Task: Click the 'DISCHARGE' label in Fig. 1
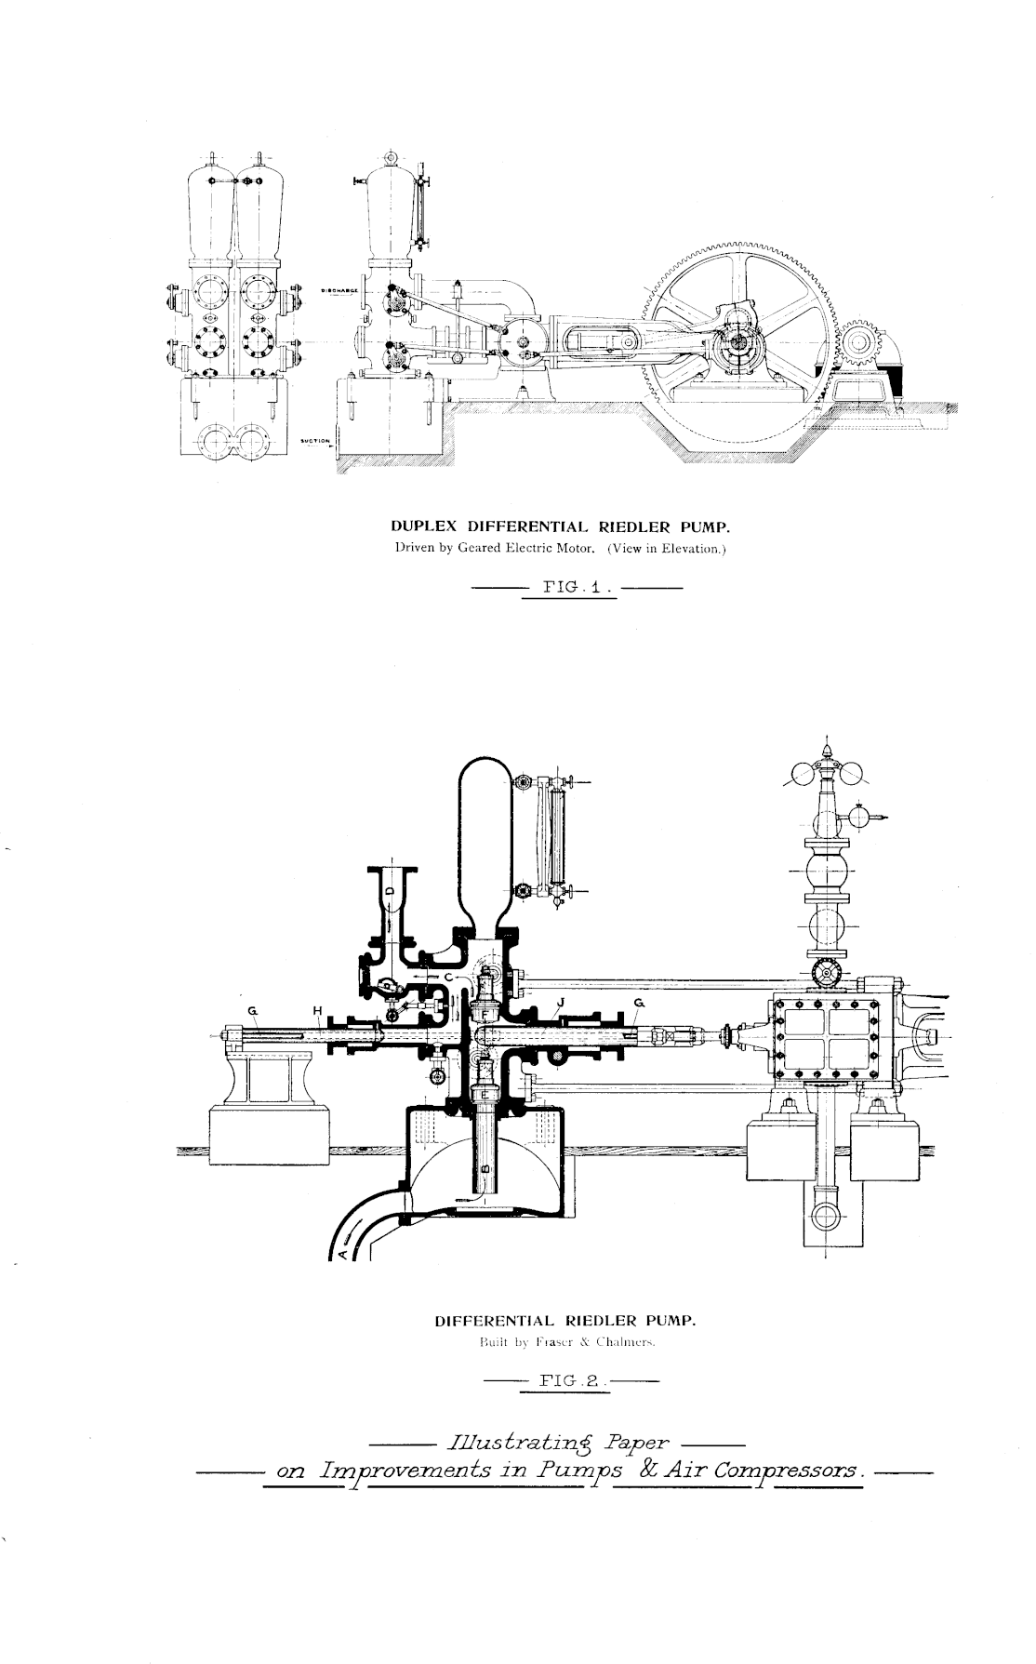tap(334, 290)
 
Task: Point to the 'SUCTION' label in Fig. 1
tap(316, 441)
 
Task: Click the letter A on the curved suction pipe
tap(341, 1252)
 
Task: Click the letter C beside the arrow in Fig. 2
tap(447, 978)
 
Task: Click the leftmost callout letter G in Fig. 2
tap(252, 1010)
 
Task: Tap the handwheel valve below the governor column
tap(824, 974)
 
